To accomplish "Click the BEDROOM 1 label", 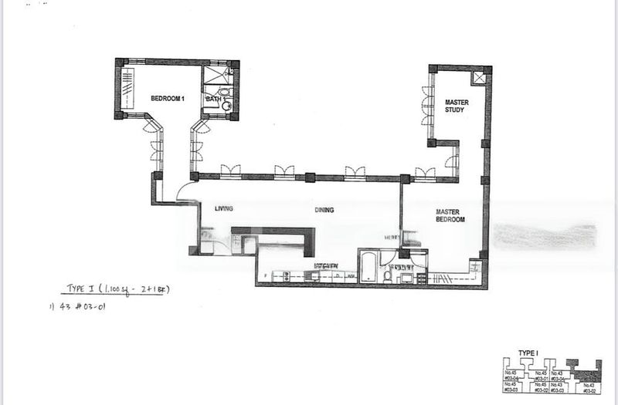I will point(168,98).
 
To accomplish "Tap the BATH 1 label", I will point(214,99).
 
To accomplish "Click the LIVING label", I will point(224,208).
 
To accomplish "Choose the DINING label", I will point(324,209).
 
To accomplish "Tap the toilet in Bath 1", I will point(226,104).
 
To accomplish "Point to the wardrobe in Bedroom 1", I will point(127,89).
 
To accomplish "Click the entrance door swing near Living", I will point(188,193).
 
